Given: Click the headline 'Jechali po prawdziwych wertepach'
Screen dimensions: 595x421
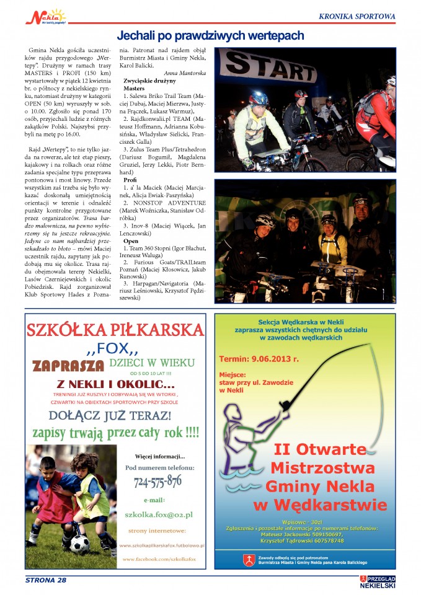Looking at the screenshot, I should (210, 36).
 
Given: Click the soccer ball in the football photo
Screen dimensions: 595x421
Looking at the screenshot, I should (80, 544).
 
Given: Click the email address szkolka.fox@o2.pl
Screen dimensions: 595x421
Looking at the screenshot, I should (158, 514).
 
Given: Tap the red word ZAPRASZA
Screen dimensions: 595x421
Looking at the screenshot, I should (68, 364).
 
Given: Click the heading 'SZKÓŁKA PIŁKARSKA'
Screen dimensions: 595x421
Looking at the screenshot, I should (115, 329).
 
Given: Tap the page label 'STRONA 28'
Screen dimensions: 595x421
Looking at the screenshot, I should (45, 580).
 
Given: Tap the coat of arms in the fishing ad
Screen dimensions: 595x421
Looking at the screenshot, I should (248, 560).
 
